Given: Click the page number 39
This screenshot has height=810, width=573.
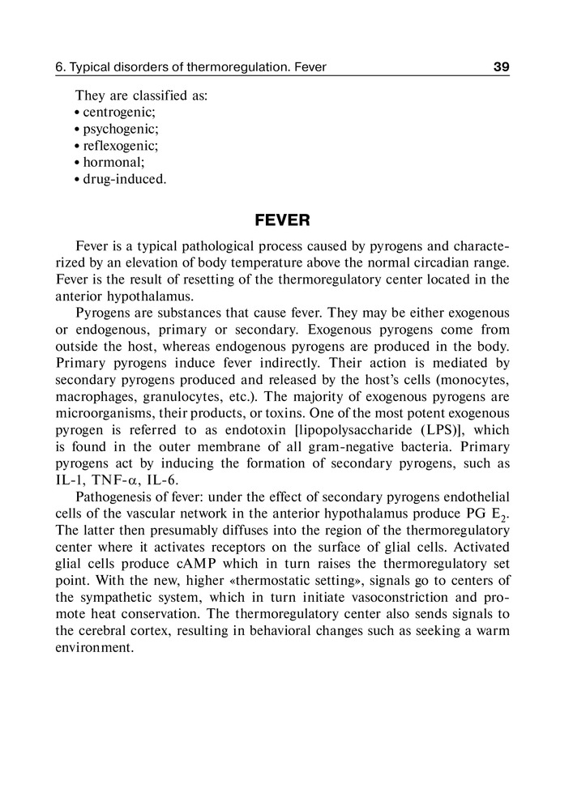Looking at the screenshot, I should tap(501, 67).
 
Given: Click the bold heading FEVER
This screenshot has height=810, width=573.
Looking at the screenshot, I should tap(283, 220).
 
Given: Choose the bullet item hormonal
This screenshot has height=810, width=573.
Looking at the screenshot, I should tap(113, 162).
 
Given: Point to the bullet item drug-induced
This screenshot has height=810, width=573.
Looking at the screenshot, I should tap(124, 179).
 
